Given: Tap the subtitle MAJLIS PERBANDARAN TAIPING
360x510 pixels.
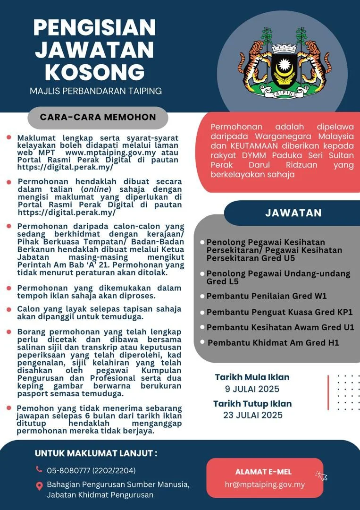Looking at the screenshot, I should point(96,91).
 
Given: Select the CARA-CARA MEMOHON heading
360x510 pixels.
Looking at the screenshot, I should point(98,118).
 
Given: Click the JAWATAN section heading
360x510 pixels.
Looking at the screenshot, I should point(293,212).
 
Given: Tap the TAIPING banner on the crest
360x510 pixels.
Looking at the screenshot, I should point(287,93).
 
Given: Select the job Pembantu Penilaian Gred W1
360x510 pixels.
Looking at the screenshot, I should point(267,296).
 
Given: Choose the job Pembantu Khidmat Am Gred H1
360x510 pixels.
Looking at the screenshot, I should point(273,343).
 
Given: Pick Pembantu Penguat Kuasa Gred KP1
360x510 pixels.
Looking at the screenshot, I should point(279,312).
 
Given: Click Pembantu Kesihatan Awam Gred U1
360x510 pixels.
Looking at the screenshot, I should point(280,327).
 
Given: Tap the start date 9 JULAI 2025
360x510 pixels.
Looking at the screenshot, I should point(252,389).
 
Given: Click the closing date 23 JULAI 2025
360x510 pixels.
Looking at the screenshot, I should point(253,415).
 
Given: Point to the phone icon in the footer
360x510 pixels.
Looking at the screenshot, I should point(39,469).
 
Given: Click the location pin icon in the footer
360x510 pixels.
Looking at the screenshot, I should point(39,485).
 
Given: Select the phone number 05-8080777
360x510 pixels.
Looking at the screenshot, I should point(68,470).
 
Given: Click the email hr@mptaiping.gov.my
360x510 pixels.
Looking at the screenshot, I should point(265,484).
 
